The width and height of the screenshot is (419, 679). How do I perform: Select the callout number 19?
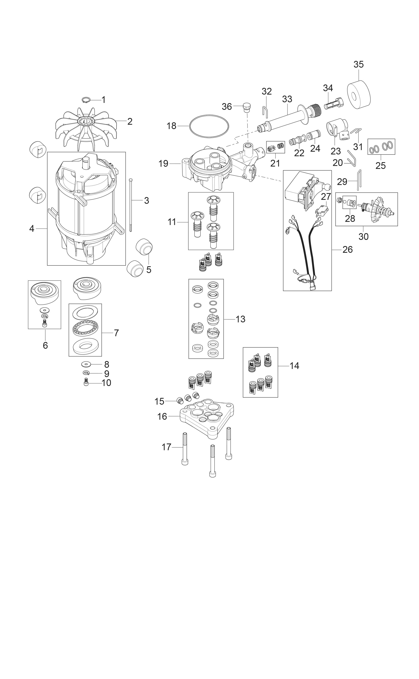(164, 164)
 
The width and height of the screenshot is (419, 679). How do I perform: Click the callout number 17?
(167, 447)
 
